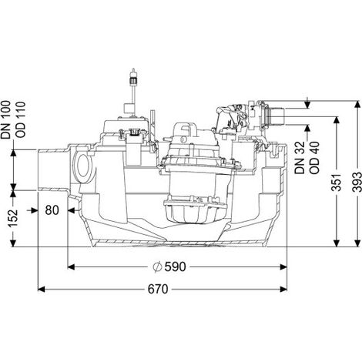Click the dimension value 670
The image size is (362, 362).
(158, 290)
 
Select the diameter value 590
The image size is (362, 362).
(175, 267)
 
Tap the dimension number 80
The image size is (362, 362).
(52, 210)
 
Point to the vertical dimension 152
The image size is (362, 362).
(13, 218)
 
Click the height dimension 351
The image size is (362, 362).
(337, 182)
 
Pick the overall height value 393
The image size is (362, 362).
(357, 182)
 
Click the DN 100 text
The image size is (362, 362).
(5, 119)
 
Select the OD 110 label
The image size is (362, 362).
(21, 119)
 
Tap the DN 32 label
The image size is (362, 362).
(300, 158)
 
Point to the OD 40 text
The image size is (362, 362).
(314, 158)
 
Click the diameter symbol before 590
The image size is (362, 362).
(157, 267)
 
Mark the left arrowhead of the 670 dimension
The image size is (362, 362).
(42, 290)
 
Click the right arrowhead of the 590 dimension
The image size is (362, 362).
(283, 267)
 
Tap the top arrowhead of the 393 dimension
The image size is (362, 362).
(357, 105)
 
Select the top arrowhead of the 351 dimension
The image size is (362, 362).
(337, 120)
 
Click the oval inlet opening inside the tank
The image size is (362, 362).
(83, 166)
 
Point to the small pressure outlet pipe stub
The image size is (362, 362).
(277, 116)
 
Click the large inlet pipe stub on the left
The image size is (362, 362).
(53, 169)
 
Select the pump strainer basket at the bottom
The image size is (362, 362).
(196, 209)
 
